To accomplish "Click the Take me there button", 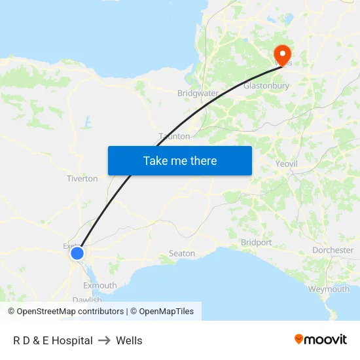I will pos(180,160).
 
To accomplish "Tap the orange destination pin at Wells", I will pos(283,54).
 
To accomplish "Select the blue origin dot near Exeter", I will pos(77,253).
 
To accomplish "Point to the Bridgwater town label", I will pos(198,93).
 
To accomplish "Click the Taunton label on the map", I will pos(174,136).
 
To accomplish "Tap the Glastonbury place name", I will pos(266,86).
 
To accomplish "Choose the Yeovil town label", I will pos(287,163).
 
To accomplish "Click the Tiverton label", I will pos(82,178).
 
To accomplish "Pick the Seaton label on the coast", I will pos(182,253).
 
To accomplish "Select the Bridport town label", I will pos(256,242).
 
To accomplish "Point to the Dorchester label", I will pos(333,250).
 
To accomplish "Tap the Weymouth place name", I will pos(329,289).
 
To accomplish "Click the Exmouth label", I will pos(99,285).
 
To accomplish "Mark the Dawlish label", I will pos(87,300).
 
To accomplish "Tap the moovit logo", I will pos(320,339).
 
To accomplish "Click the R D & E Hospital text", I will pos(53,340).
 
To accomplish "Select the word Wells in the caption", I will pos(129,340).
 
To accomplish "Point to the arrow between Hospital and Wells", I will pos(104,340).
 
